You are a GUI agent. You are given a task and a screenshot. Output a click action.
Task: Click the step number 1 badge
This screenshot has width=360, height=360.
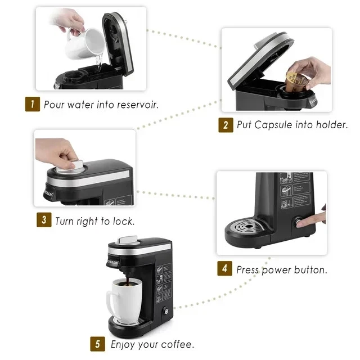tap(33, 104)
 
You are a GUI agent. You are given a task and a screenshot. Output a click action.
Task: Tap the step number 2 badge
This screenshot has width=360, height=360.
tap(226, 125)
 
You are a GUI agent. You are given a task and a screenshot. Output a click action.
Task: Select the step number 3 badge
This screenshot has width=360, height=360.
tap(44, 220)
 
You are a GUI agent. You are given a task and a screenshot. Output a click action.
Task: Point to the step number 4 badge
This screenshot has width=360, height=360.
tap(224, 269)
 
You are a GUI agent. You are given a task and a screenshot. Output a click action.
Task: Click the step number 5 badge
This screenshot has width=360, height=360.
tap(98, 343)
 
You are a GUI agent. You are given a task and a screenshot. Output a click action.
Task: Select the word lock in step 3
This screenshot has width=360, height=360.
tap(124, 220)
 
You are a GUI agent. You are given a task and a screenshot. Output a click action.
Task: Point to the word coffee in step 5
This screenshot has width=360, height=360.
tap(175, 344)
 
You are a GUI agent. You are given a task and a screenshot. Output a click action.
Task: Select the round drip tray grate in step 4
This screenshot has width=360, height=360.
tap(244, 228)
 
